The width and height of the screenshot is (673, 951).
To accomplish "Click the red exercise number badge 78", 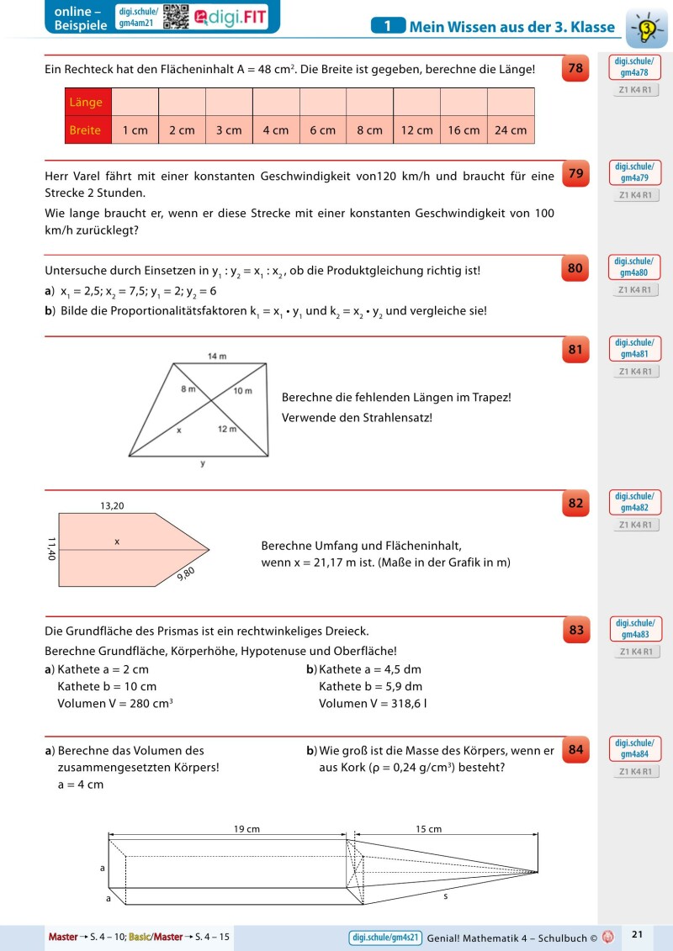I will pos(575,69).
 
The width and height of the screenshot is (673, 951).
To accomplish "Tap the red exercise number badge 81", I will pos(575,351).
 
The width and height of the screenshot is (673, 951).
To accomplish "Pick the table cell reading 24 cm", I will pos(511,130).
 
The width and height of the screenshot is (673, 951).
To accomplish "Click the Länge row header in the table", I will pos(87,103).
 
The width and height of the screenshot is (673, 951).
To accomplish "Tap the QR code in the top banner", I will pos(175,16).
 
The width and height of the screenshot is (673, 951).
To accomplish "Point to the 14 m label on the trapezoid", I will pos(217,357).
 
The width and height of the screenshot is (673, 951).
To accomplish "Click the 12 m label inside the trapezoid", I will pos(227,430).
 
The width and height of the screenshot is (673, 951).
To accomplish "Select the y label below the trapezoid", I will pos(202,463).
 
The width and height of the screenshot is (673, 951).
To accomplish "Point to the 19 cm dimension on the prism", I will pos(246,829).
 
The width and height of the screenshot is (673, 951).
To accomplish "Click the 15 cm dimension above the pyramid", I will pos(428,829).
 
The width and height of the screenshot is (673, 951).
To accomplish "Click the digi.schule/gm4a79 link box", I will pos(634,172).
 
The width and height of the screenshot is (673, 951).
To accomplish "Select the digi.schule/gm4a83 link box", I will pos(634,628).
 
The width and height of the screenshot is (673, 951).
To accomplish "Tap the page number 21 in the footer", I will pos(637,934).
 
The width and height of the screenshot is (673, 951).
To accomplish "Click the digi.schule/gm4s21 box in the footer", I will pos(384,936).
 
